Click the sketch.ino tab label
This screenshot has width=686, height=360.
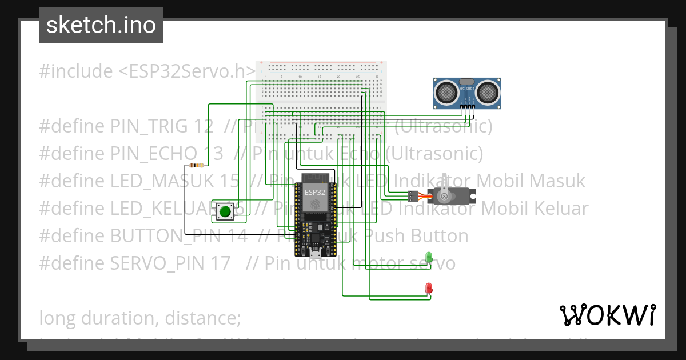[x=101, y=25]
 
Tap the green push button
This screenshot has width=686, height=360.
[x=225, y=211]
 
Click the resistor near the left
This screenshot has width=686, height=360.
[x=197, y=166]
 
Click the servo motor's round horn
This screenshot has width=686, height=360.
[x=443, y=195]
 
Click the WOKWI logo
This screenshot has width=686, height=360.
[x=607, y=315]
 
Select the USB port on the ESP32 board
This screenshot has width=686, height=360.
[x=315, y=252]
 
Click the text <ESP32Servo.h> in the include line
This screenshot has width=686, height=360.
[x=186, y=71]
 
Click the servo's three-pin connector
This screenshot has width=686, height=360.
[x=412, y=196]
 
